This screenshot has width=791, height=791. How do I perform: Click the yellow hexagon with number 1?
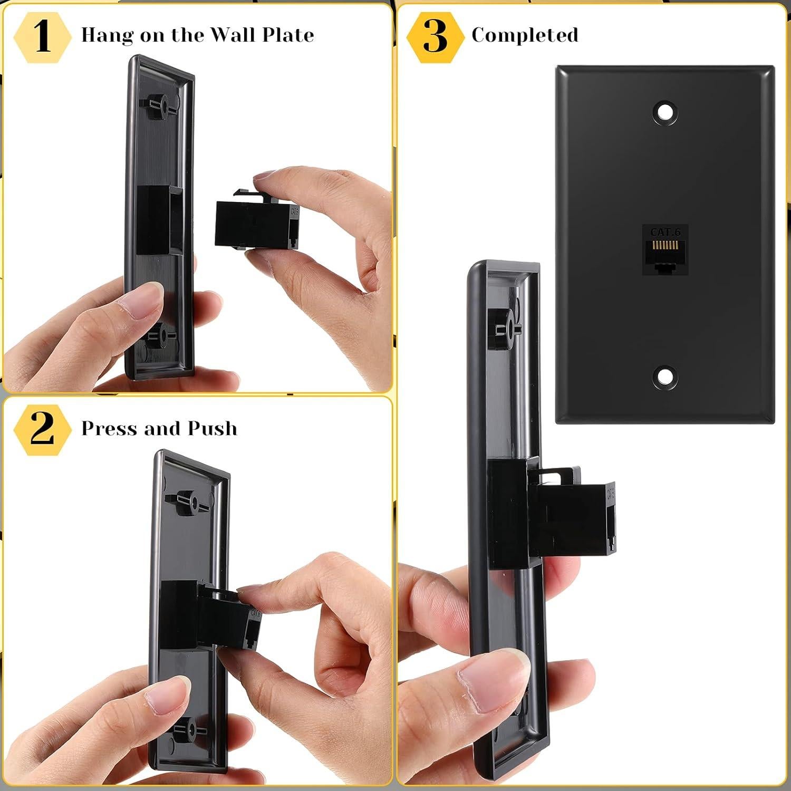coord(42,36)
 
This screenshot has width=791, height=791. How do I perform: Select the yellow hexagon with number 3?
coord(435,36)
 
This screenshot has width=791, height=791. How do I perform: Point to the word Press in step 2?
coord(109,428)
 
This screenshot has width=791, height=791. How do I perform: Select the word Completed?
coord(525,35)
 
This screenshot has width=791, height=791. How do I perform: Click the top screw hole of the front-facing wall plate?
coord(665,112)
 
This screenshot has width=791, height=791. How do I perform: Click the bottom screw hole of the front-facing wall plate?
coord(665,376)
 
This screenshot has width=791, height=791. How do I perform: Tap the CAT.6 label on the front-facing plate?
coord(665,232)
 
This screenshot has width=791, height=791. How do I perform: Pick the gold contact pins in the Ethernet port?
coord(665,246)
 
